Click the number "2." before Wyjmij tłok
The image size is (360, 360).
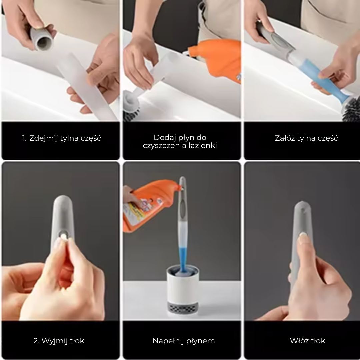[x=37, y=341]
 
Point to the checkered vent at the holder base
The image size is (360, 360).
[x=182, y=308]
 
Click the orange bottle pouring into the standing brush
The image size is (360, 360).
[x=147, y=203]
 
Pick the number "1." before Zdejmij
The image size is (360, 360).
[x=25, y=138]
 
